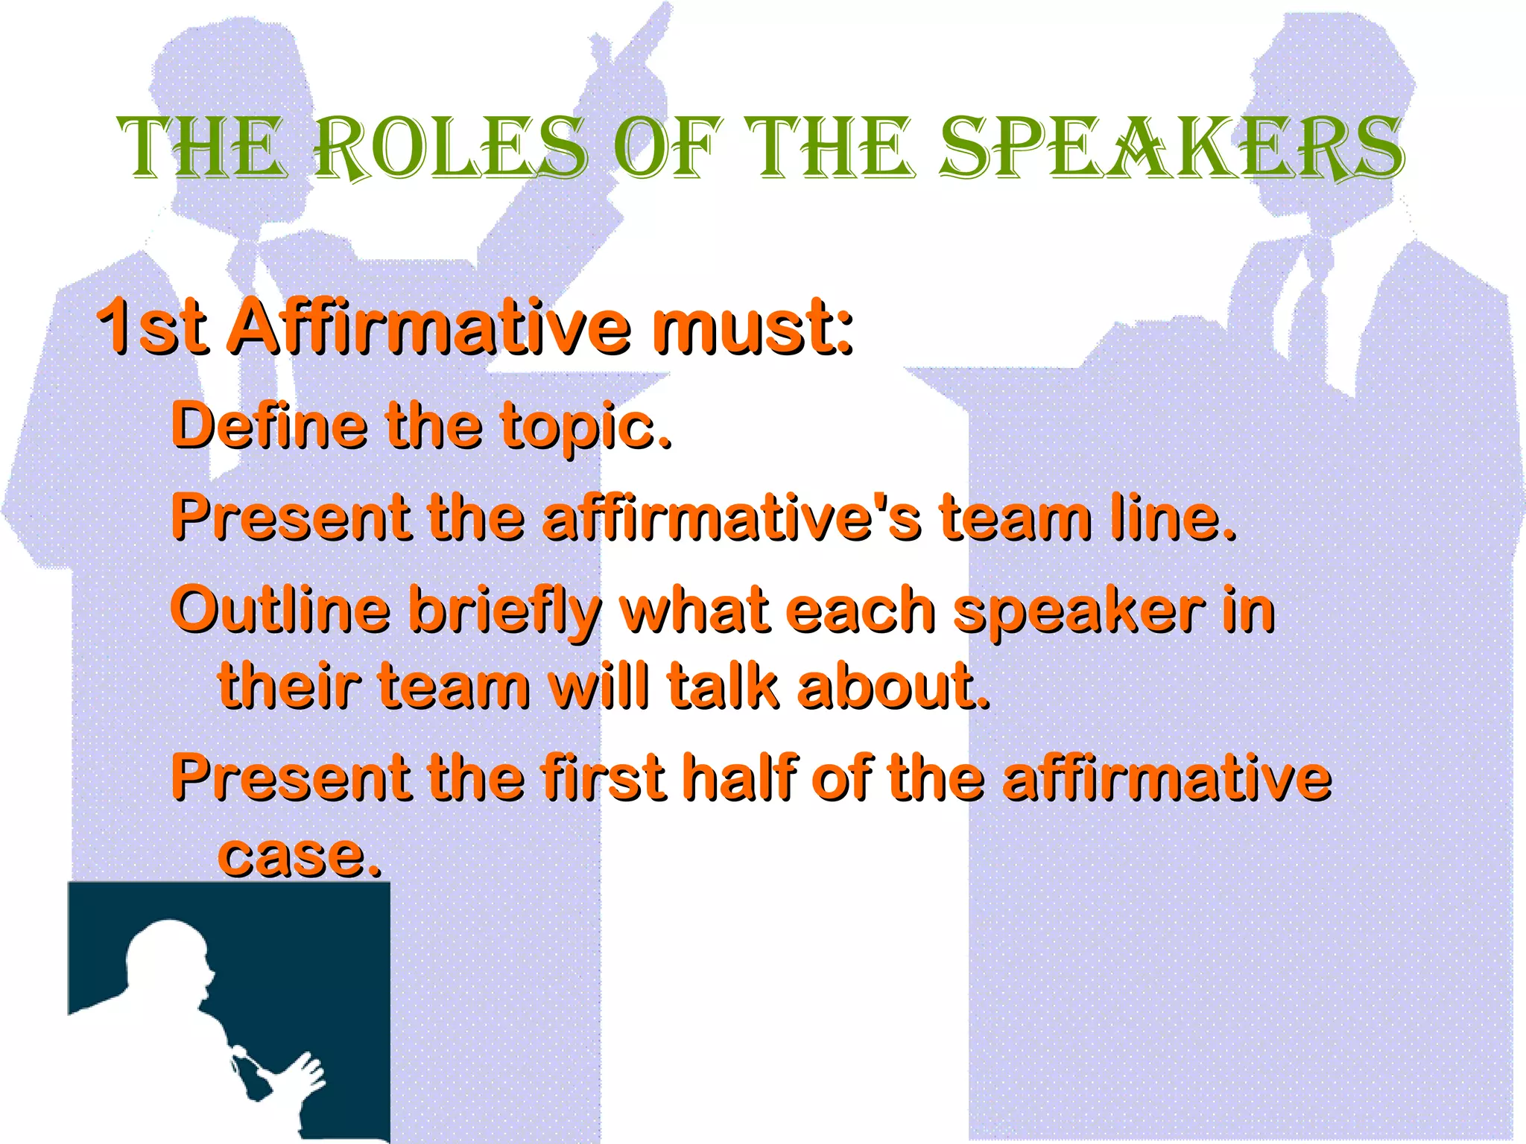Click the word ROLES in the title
coord(451,149)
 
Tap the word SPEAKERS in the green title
coord(1171,149)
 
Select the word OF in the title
coord(667,149)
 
